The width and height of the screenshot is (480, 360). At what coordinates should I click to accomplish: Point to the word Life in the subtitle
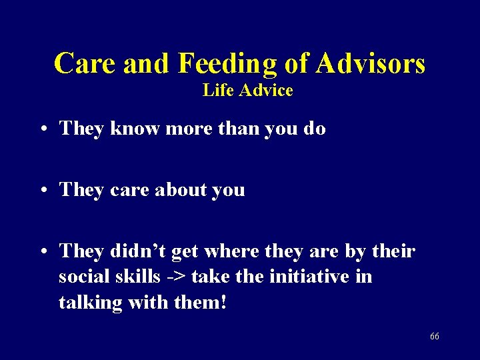(216, 90)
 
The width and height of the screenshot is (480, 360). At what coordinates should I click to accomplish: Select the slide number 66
(434, 337)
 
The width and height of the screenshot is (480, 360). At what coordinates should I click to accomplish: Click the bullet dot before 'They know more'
(43, 129)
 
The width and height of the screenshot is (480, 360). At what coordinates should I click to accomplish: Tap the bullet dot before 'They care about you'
(43, 191)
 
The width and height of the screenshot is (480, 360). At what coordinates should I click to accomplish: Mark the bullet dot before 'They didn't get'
(43, 252)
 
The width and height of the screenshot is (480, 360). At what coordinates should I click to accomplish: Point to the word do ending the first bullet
(314, 129)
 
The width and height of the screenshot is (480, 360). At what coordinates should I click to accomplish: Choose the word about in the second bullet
(181, 190)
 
